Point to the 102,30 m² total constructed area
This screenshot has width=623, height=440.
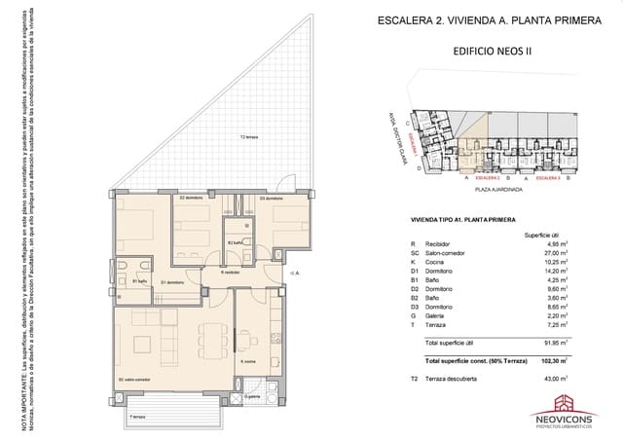[x=553, y=359]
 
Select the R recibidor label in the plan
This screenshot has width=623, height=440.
[x=230, y=274]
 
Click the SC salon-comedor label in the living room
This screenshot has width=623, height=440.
[x=134, y=379]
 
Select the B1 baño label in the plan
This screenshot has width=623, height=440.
[x=140, y=282]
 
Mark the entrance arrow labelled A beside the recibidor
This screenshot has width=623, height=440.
[x=295, y=275]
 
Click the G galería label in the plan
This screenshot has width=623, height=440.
[x=250, y=397]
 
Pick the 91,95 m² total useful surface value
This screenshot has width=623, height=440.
[x=553, y=344]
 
